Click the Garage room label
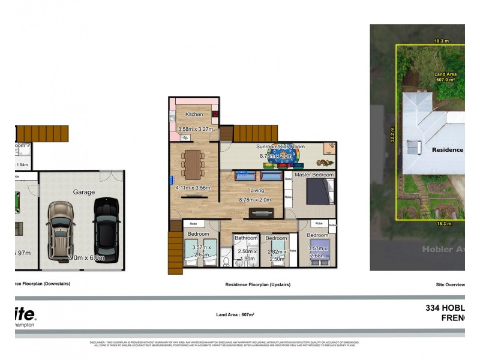[x=84, y=192]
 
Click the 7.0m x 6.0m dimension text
[x=86, y=258]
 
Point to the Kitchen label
[x=194, y=114]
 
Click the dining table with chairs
[x=192, y=163]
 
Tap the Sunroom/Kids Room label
[x=280, y=146]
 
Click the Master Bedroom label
[x=314, y=175]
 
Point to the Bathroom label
[x=245, y=238]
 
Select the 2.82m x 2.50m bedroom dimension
[x=276, y=256]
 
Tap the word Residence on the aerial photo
[x=448, y=150]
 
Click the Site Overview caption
[x=450, y=284]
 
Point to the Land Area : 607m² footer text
[x=235, y=314]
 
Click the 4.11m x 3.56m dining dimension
[x=193, y=188]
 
